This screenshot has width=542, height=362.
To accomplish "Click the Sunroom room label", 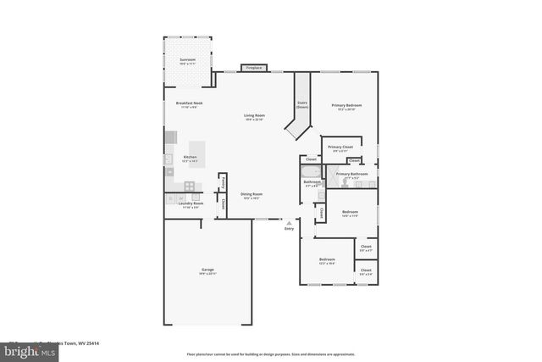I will [x=186, y=59].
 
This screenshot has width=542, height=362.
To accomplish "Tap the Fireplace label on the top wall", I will [x=254, y=68].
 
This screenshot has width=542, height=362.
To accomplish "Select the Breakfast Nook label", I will [x=180, y=103].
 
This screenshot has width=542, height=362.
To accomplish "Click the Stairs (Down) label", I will [x=302, y=105].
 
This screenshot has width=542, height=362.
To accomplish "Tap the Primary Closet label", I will [x=340, y=147].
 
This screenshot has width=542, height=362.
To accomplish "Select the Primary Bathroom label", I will [x=351, y=174].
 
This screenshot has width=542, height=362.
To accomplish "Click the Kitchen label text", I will [x=191, y=157].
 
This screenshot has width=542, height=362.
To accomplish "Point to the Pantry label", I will [x=222, y=181].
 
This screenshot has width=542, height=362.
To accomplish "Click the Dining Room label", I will [x=251, y=194].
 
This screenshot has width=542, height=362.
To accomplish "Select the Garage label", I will [x=207, y=270].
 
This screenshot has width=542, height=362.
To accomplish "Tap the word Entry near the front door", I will [x=289, y=228].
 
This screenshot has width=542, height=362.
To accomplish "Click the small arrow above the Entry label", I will [x=289, y=222].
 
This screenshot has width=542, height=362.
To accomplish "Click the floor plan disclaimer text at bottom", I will [x=269, y=354].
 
